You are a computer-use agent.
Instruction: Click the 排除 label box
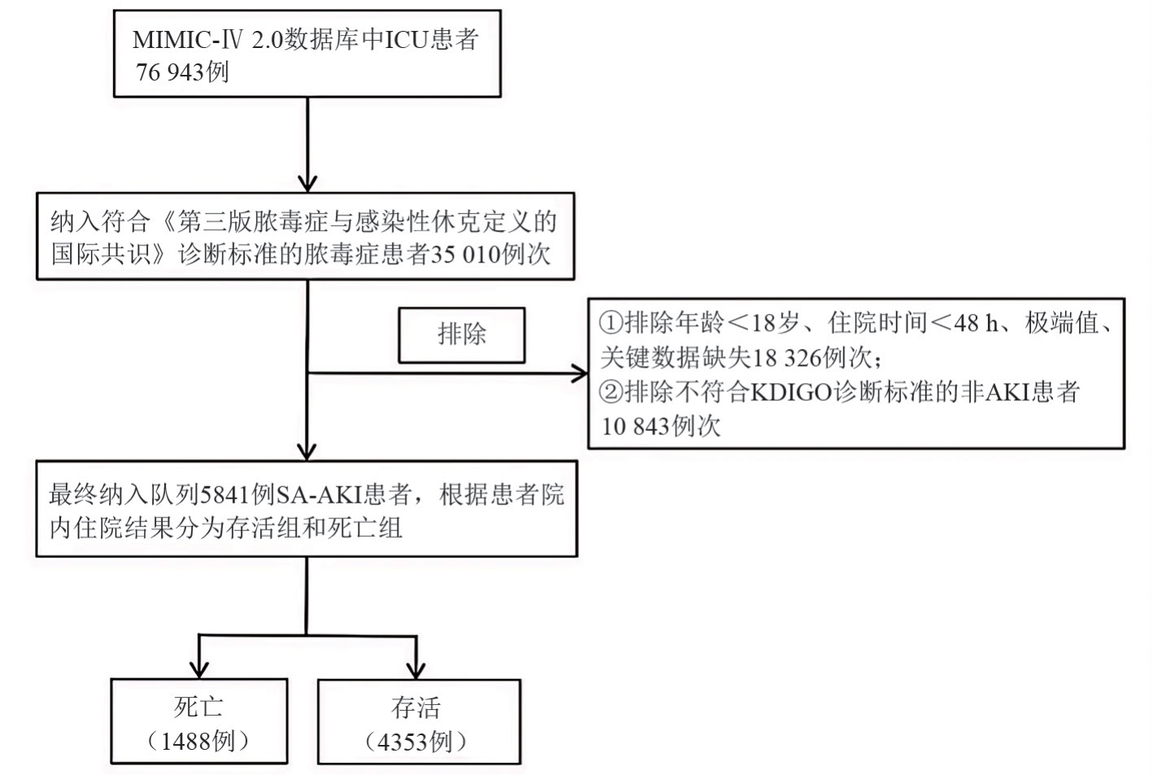point(461,334)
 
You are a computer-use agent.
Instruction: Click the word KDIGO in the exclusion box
point(790,392)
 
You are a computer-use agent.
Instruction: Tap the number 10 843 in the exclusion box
point(635,426)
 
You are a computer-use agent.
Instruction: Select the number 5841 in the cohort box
point(225,494)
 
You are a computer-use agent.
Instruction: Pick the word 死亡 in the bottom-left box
point(198,706)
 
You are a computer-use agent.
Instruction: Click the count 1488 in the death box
point(187,741)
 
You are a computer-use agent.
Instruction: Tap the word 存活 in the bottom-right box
point(416,707)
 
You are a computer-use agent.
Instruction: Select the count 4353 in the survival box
point(404,742)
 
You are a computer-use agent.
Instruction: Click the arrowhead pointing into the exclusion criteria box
point(581,374)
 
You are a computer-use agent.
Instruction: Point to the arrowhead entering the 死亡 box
point(199,670)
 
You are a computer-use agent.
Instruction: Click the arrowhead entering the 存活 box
point(416,670)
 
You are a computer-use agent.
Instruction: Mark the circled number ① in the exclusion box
point(611,324)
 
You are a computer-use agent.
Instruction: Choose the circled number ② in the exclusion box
point(611,392)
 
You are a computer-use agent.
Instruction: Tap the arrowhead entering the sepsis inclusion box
point(307,183)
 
